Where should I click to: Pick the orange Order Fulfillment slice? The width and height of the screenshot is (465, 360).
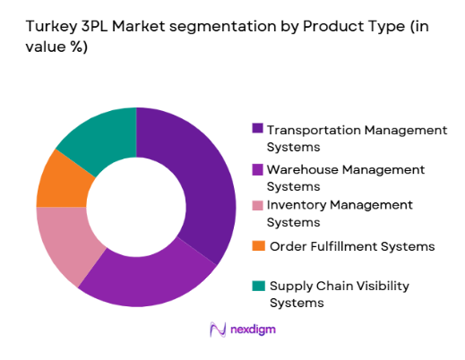click(x=63, y=180)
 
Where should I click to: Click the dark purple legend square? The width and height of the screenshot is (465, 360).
click(x=258, y=130)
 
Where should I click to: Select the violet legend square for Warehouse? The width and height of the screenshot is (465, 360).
click(x=258, y=168)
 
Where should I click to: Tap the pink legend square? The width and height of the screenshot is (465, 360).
click(x=258, y=205)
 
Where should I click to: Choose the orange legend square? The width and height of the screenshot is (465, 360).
click(x=258, y=245)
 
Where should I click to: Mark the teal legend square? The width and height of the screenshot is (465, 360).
click(x=258, y=286)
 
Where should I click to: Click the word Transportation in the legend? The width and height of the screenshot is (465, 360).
click(x=311, y=130)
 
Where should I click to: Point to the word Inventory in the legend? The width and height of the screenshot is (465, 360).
click(x=297, y=205)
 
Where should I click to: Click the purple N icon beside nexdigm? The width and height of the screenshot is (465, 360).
click(x=216, y=330)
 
